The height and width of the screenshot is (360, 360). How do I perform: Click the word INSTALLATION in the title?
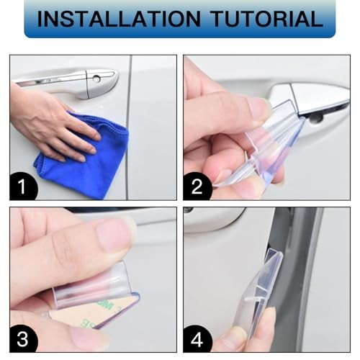pyautogui.click(x=119, y=19)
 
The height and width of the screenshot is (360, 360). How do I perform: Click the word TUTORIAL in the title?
pyautogui.click(x=267, y=19)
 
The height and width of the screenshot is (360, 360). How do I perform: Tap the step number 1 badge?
pyautogui.click(x=23, y=186)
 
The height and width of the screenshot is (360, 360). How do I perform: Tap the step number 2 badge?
pyautogui.click(x=197, y=186)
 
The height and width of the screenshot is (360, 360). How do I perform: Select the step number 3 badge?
pyautogui.click(x=23, y=339)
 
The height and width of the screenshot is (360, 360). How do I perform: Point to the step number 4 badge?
pyautogui.click(x=197, y=339)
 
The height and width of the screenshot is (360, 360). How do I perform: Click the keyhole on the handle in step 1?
pyautogui.click(x=96, y=78)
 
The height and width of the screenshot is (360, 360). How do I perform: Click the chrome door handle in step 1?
pyautogui.click(x=72, y=81)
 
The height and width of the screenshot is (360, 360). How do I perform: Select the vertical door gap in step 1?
pyautogui.click(x=129, y=127)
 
